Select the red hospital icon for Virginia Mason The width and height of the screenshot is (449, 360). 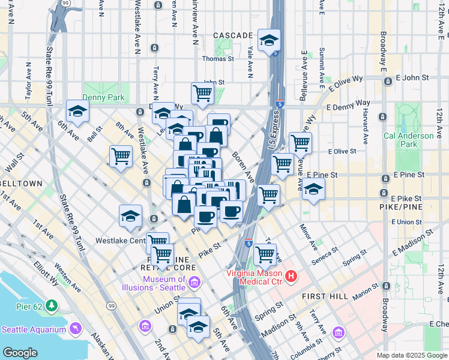pos(291,277)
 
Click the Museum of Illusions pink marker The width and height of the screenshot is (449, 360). pos(194,283)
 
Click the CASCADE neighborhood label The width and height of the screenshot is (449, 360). pos(232,36)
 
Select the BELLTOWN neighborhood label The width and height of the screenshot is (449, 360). pos(22,184)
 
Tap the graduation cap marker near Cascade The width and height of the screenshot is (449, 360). pos(269,41)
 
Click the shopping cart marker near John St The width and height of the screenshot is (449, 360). pos(203,93)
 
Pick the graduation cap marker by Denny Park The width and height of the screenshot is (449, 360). pos(77,110)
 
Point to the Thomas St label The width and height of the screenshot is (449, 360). pos(217,59)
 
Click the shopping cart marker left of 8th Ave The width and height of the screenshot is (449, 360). pos(121,157)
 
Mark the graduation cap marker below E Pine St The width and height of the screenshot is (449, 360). pos(313,189)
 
